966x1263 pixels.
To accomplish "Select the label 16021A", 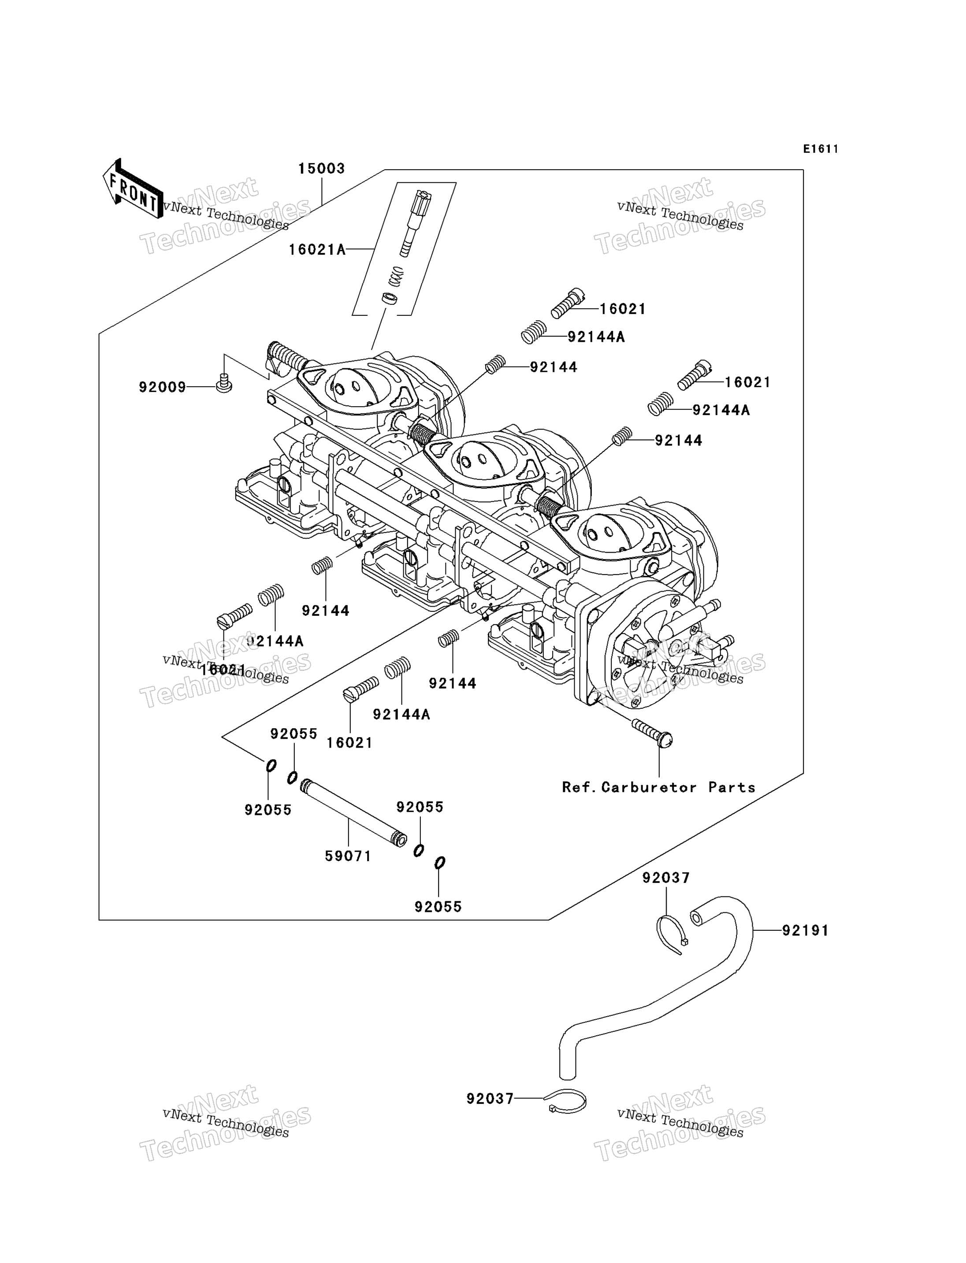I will pos(317,249).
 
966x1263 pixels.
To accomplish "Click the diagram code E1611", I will pos(821,149).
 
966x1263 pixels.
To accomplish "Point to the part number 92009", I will pos(162,388).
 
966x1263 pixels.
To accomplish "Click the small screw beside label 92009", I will pos(224,383).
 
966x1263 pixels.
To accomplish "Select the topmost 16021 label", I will pos(623,309).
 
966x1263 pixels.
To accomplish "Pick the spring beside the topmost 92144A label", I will pos(534,332).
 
